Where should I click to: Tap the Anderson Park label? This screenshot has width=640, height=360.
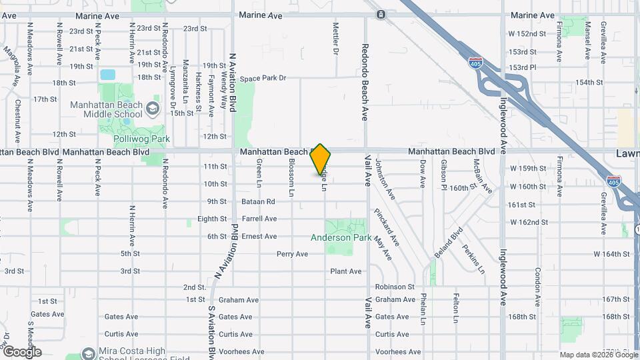click(x=341, y=237)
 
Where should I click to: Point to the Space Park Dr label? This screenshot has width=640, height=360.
click(x=263, y=78)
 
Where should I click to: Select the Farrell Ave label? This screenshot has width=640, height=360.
click(x=259, y=219)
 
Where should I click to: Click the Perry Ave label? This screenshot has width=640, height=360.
click(x=292, y=254)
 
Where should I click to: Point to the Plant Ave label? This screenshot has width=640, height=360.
click(x=345, y=271)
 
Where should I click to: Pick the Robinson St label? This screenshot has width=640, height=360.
click(x=395, y=287)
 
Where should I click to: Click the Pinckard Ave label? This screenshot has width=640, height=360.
click(x=387, y=227)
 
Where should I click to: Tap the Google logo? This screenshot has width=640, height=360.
click(x=21, y=351)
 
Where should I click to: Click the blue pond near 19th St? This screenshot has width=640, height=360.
click(x=107, y=75)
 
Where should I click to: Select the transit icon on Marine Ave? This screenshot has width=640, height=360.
click(x=380, y=14)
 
